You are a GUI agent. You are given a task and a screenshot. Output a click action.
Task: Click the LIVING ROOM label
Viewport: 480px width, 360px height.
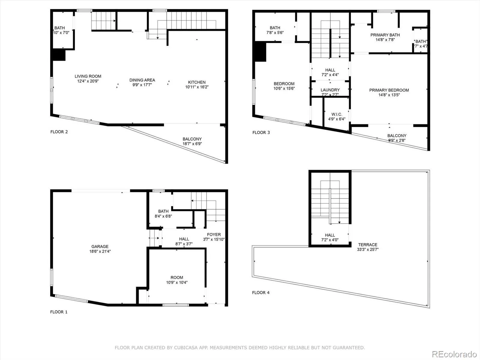88,76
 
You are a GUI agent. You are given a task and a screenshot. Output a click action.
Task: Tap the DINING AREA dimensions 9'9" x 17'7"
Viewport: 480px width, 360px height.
142,85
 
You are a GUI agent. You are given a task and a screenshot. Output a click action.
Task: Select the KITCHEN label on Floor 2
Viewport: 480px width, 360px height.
197,82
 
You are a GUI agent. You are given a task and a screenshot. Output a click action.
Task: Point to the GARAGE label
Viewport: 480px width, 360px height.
100,247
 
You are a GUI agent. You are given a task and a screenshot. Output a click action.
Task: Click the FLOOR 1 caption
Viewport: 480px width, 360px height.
59,312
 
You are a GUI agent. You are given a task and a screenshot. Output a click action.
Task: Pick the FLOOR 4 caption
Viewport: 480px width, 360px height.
261,292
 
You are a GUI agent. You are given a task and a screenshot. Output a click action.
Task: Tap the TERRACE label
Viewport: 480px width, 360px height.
368,244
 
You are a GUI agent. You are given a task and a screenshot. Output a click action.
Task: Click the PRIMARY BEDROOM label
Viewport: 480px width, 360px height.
389,90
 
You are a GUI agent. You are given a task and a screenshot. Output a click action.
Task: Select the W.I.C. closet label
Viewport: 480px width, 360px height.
337,114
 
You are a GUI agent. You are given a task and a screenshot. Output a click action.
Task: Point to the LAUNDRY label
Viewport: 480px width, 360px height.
330,90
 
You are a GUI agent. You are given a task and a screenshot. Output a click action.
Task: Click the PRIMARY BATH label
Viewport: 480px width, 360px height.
385,35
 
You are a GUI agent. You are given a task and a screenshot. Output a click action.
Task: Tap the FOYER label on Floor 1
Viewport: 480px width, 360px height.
214,235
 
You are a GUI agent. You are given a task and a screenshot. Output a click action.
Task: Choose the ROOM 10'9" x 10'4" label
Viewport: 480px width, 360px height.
177,280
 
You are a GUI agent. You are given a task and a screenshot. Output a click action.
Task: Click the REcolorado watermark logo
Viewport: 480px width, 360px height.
454,354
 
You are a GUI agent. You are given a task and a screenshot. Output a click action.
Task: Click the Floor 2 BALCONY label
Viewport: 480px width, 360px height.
192,139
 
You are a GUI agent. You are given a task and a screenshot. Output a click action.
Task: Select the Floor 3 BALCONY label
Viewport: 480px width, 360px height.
397,136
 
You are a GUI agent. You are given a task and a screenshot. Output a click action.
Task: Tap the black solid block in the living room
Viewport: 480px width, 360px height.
59,55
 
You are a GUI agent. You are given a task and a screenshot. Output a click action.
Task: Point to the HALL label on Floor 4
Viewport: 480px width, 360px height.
330,235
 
